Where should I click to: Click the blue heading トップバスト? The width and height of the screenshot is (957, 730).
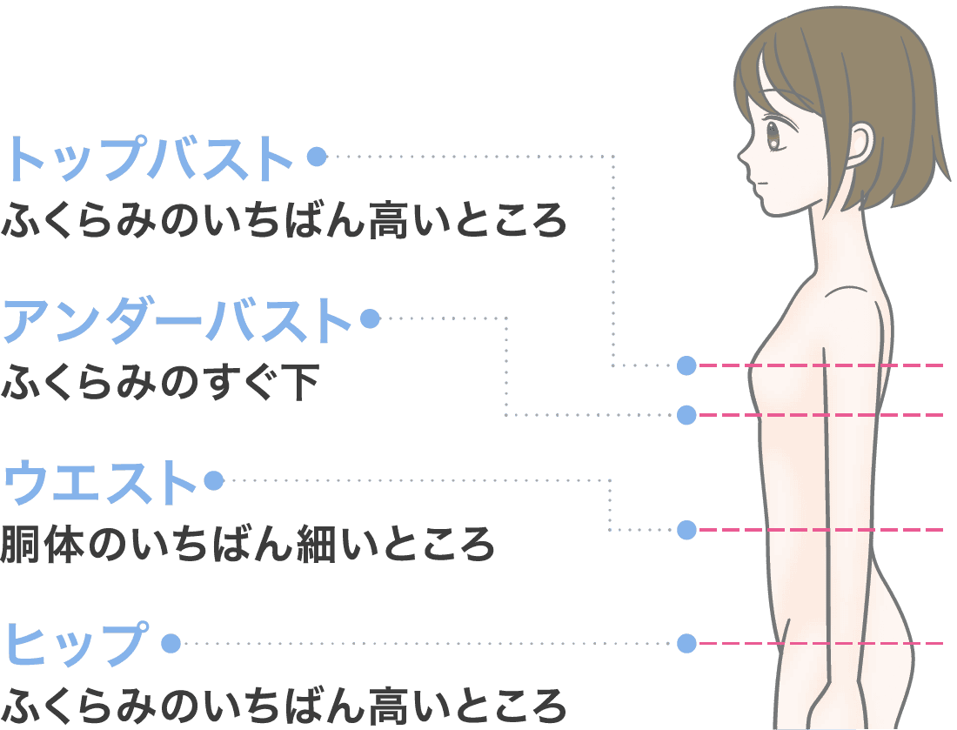[150, 158]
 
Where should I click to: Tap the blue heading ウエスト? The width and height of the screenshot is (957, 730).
[100, 481]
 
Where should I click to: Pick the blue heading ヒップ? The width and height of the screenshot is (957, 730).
[77, 644]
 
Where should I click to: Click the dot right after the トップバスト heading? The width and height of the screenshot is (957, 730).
[317, 157]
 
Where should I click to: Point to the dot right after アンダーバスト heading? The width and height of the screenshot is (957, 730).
[370, 319]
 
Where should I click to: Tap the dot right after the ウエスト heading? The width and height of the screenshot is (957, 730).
[213, 480]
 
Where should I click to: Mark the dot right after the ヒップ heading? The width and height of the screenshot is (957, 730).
[171, 644]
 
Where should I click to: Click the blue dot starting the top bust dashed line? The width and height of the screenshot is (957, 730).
[686, 365]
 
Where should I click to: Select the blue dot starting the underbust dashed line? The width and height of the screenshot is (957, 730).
[686, 415]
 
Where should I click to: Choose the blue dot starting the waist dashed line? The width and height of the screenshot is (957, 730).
[686, 529]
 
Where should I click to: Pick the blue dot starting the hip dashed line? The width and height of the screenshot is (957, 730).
[686, 644]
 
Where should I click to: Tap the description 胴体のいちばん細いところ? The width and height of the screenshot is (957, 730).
[248, 545]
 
